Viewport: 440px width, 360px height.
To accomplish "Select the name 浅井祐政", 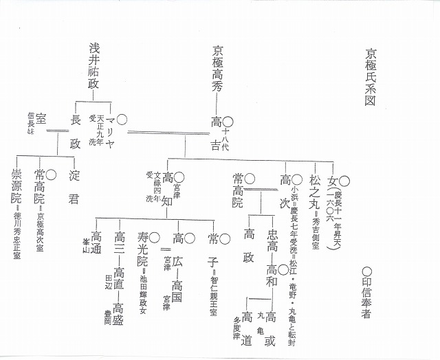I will (x=94, y=65).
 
